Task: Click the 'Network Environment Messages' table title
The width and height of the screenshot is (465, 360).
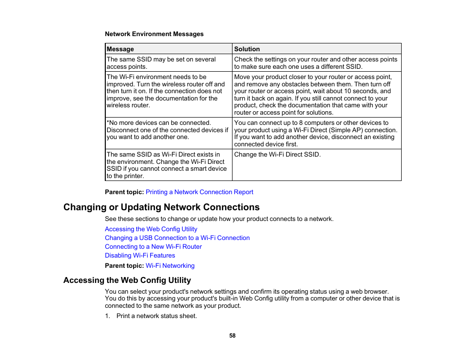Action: coord(154,34)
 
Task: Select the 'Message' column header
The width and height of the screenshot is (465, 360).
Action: coord(120,49)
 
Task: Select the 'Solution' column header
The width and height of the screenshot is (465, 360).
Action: coord(247,49)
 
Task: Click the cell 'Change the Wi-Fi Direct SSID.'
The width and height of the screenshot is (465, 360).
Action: coord(277,155)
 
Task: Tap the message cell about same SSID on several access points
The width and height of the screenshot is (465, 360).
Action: coord(161,63)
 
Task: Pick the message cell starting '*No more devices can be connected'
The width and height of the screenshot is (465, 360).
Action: coord(167,130)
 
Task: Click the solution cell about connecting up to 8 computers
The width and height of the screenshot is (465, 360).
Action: coord(315,133)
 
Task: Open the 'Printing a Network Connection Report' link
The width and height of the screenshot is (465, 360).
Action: coord(199,192)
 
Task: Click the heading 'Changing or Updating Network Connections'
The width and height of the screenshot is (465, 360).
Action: coord(161,207)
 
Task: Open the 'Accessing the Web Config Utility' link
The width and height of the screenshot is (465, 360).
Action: coord(151,229)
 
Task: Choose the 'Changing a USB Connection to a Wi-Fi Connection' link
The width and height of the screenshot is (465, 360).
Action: coord(177,238)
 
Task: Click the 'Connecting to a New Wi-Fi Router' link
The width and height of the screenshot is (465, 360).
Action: coord(153,247)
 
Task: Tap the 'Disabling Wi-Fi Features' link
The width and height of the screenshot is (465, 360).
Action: coord(140,256)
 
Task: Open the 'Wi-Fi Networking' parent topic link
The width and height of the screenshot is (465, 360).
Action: coord(170,266)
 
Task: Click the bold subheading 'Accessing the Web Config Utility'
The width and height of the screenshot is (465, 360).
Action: coord(127,280)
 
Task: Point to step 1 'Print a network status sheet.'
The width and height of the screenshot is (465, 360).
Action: coord(156,316)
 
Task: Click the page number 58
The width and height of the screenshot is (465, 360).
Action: coord(232,336)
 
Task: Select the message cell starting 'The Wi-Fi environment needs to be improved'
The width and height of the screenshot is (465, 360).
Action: coord(166,91)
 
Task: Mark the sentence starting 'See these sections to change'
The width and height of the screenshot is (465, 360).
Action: coord(219,219)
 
